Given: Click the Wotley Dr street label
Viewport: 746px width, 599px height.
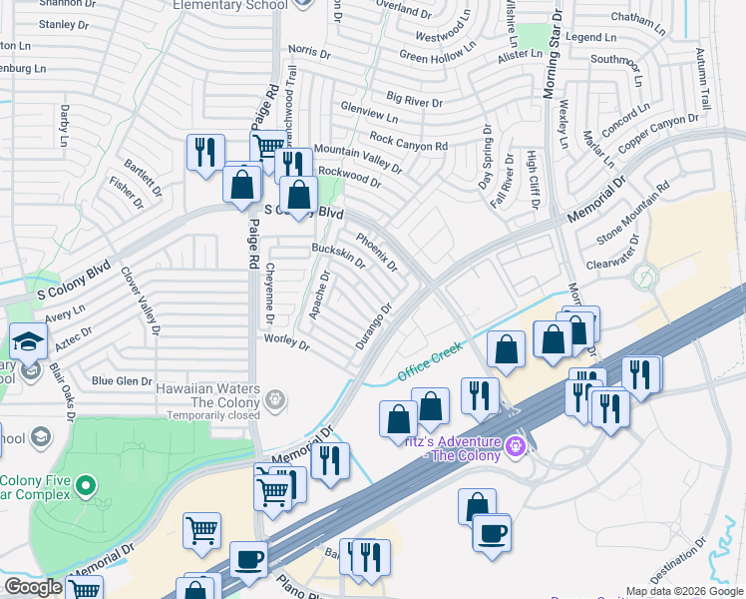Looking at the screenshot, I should pos(286,342).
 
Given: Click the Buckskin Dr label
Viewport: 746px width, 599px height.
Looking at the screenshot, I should pos(338,257).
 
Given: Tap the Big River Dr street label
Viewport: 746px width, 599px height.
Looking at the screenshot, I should pos(415,101).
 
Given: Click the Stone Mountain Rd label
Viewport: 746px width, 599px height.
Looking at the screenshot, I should pos(632,218).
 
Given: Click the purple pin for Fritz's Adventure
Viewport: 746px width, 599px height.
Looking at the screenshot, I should pos(516,445).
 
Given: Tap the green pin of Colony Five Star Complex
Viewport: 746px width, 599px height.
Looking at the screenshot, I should pos(86,488).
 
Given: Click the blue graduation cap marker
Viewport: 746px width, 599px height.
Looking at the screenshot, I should pos(28,341).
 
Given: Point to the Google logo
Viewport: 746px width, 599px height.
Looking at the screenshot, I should pos(32,587).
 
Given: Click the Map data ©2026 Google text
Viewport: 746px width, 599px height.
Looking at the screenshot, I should pos(684,591).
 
